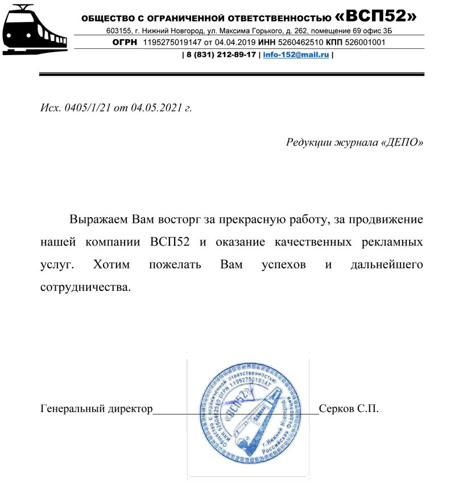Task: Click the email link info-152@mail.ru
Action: point(296,56)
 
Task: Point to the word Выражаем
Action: point(99,219)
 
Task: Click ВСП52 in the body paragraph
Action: point(171,242)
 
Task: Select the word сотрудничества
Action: point(86,287)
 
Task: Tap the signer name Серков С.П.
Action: point(349,409)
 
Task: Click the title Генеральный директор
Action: point(97,409)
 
